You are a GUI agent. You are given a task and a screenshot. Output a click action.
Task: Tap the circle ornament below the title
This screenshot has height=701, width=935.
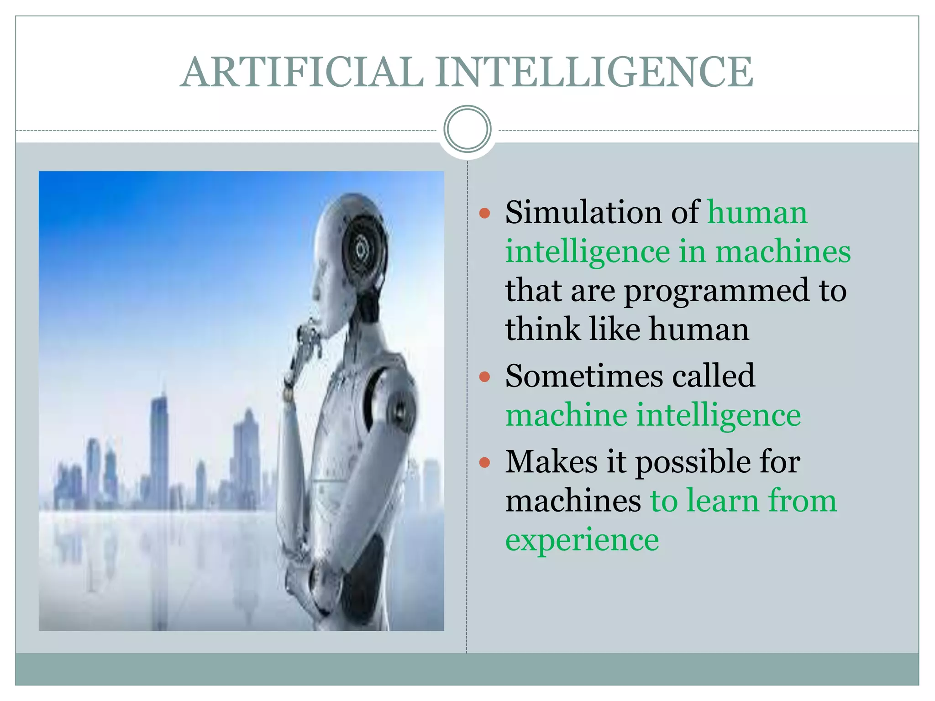pos(467,129)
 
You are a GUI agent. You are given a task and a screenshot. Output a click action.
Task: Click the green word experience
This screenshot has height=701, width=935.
pos(582,540)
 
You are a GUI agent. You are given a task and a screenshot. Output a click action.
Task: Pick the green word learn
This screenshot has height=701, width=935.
pos(721,501)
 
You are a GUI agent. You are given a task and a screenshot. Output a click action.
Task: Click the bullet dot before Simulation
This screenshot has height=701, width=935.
pos(485,213)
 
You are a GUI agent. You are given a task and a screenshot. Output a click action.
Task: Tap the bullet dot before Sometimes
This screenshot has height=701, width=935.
pos(485,377)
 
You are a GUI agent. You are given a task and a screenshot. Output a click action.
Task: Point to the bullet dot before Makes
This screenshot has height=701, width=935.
pos(485,463)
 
